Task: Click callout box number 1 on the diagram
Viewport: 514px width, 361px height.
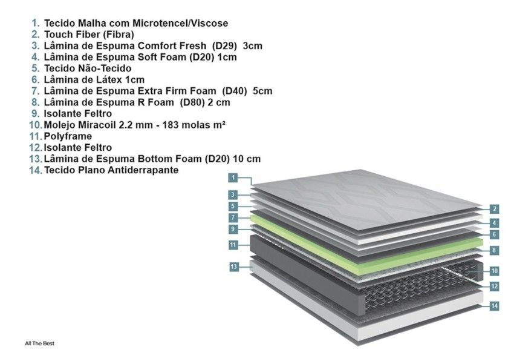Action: [x=233, y=177]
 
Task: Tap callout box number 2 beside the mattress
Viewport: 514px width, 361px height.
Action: [x=494, y=209]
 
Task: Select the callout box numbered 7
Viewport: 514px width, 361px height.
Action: [x=233, y=217]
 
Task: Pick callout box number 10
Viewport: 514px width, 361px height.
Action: [x=494, y=271]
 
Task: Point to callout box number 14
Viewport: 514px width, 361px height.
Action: [x=494, y=306]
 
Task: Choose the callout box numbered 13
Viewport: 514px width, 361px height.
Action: [x=233, y=267]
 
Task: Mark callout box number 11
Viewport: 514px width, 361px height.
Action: [x=233, y=245]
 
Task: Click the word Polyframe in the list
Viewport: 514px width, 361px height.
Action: [x=68, y=136]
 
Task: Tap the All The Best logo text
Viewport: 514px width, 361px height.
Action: [x=40, y=343]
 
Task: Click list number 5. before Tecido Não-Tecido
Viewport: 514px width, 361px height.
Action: [x=36, y=68]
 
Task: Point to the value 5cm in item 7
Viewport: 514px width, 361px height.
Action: [x=262, y=91]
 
